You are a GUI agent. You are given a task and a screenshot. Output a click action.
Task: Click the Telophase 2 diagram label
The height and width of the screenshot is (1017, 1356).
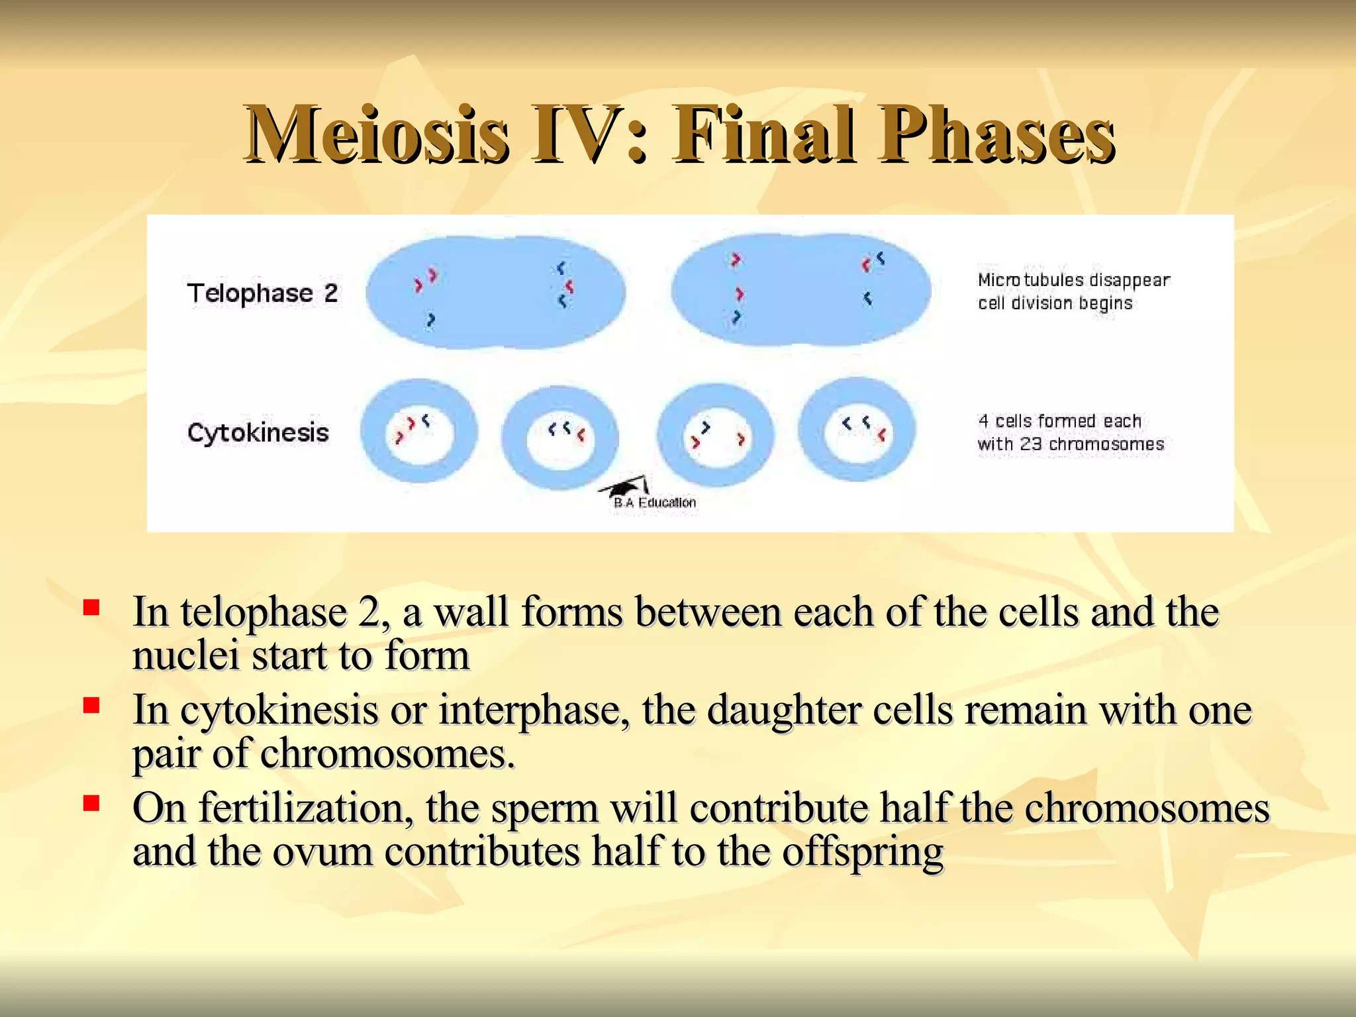(x=263, y=293)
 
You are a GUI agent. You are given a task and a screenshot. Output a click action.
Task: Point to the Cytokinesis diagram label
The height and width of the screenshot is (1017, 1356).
(x=258, y=433)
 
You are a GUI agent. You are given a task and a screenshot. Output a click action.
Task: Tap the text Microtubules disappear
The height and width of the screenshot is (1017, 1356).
(x=1073, y=280)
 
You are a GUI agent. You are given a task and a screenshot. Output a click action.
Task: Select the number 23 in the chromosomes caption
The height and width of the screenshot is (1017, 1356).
(x=1030, y=444)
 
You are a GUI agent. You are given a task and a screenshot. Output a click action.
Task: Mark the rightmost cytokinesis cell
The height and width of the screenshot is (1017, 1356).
(x=857, y=430)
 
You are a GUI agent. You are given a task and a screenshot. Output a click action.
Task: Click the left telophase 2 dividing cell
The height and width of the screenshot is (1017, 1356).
(x=495, y=293)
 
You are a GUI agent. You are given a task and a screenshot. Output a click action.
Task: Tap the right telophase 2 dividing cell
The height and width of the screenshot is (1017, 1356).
(x=801, y=290)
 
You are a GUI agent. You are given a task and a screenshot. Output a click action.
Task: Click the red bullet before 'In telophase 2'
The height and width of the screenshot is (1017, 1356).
(x=91, y=607)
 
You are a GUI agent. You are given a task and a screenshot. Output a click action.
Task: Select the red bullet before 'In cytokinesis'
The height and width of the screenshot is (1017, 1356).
(x=91, y=705)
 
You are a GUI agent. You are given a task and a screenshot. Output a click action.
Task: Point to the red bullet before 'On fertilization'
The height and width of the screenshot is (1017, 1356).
(x=91, y=803)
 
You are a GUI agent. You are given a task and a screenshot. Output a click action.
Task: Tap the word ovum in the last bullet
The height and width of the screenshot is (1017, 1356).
(x=322, y=852)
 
